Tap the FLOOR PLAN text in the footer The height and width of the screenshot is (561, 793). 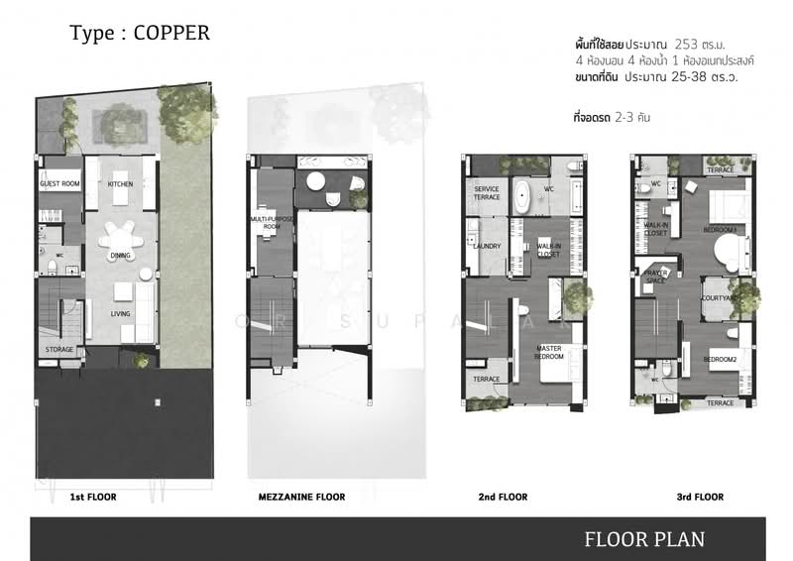tap(644, 539)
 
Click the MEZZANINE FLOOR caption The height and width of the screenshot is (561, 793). tap(301, 497)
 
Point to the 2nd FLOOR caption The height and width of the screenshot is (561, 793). tap(501, 497)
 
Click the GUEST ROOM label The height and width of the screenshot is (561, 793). tap(59, 184)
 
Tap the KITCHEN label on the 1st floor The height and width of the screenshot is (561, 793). tap(120, 184)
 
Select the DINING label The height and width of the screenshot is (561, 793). tap(120, 256)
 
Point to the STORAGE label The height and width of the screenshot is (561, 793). tap(59, 350)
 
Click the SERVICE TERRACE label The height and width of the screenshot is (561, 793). tap(487, 193)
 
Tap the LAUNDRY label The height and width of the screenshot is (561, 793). tap(488, 247)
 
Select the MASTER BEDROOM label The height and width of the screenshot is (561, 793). tap(548, 352)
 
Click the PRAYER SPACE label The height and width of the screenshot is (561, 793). tap(656, 276)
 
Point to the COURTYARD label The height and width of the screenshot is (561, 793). tap(718, 297)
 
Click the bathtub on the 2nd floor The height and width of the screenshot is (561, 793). tap(521, 191)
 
